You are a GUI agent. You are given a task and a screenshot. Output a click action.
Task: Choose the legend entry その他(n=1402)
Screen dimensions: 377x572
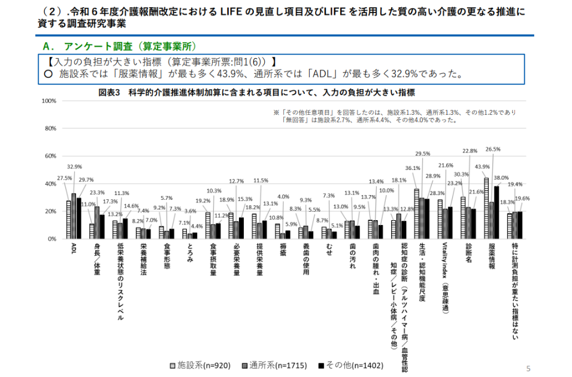[x=352, y=365]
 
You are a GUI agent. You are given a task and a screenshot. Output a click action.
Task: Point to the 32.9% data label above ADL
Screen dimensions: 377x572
[x=74, y=167]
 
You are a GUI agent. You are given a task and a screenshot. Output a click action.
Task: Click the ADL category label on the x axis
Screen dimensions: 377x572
[x=73, y=248]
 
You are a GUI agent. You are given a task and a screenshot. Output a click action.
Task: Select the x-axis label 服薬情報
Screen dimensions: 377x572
[x=492, y=257]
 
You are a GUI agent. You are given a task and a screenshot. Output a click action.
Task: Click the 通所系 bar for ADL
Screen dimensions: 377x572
[x=74, y=216]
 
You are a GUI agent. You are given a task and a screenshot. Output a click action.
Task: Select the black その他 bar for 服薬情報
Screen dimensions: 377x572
[x=496, y=212]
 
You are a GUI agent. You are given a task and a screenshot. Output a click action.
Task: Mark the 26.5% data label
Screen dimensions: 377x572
[x=493, y=150]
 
